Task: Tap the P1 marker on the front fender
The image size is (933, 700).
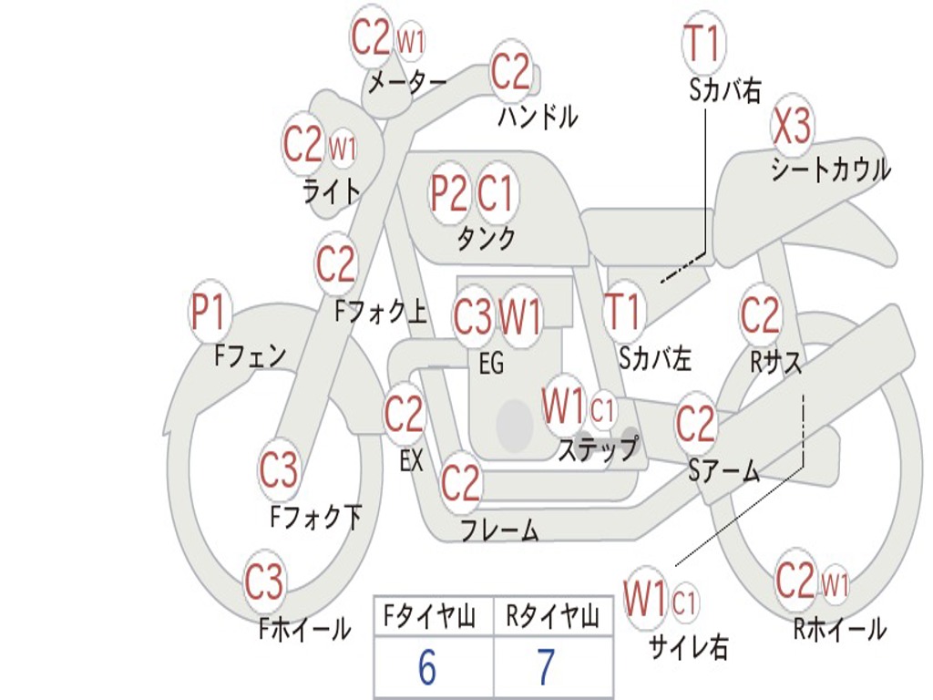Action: [210, 312]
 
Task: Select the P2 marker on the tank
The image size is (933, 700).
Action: [448, 193]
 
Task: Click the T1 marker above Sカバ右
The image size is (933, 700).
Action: [702, 42]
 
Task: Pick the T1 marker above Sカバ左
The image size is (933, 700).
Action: [623, 312]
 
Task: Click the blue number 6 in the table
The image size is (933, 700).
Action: [427, 666]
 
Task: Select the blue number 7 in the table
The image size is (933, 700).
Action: [547, 666]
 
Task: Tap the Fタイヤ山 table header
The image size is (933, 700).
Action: [430, 616]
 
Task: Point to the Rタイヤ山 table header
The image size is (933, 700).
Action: [553, 616]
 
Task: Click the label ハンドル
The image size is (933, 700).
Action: [538, 116]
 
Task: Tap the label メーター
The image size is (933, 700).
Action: [407, 82]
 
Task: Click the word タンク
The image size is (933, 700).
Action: [487, 239]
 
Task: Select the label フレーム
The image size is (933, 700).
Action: [500, 530]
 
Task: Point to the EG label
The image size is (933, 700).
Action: [491, 363]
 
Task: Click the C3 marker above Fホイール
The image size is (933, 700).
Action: [263, 582]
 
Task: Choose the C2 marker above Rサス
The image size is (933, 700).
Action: [760, 314]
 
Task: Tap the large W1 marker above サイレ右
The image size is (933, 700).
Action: [644, 597]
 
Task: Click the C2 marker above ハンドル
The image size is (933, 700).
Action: [510, 71]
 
